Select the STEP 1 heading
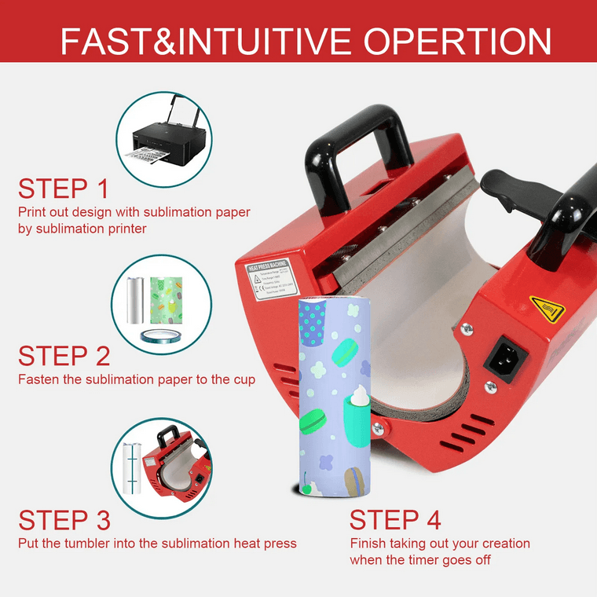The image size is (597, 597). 64,189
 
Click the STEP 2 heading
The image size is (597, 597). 64,356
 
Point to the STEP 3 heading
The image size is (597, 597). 64,520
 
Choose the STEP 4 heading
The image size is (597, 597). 395,520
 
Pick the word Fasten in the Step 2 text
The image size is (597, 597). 38,379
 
